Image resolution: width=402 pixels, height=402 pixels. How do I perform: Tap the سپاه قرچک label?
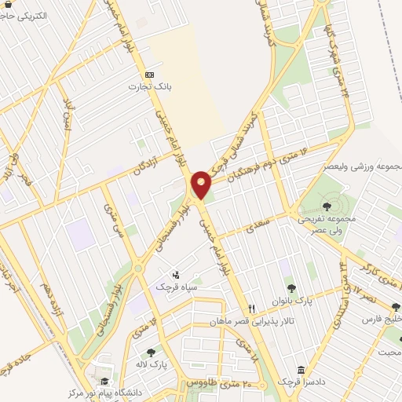click(x=174, y=287)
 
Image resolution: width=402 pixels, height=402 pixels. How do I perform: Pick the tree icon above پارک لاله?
click(x=151, y=353)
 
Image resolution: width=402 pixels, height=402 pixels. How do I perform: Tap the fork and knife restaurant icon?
click(x=252, y=309)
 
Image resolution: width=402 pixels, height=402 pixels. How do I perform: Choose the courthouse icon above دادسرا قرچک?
click(x=301, y=370)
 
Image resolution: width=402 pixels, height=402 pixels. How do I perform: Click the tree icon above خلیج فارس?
click(x=395, y=308)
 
